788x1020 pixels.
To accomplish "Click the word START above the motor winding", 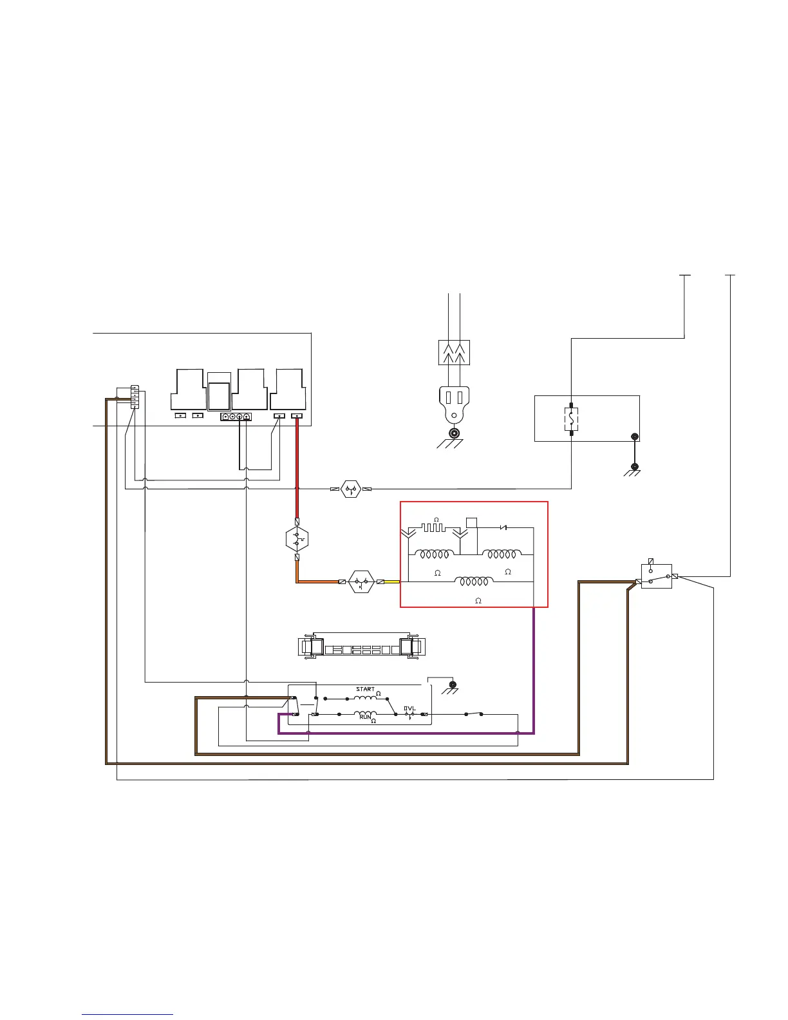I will pos(365,689).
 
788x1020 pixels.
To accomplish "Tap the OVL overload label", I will pos(410,709).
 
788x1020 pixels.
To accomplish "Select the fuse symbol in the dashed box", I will pos(571,419).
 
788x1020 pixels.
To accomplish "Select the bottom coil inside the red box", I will pos(474,581).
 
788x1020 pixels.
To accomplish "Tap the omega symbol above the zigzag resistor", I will pos(436,519).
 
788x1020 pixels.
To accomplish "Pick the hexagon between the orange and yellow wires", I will pos(361,581).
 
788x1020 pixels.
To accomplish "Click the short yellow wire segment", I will pos(392,581).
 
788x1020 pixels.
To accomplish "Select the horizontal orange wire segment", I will pos(319,581).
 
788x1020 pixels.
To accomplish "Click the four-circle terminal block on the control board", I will pos(236,417).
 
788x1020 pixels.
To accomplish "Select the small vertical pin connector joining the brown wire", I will pos(135,397).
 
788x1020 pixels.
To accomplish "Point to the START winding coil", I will pos(365,698).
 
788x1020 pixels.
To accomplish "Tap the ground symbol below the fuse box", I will pos(634,469).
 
